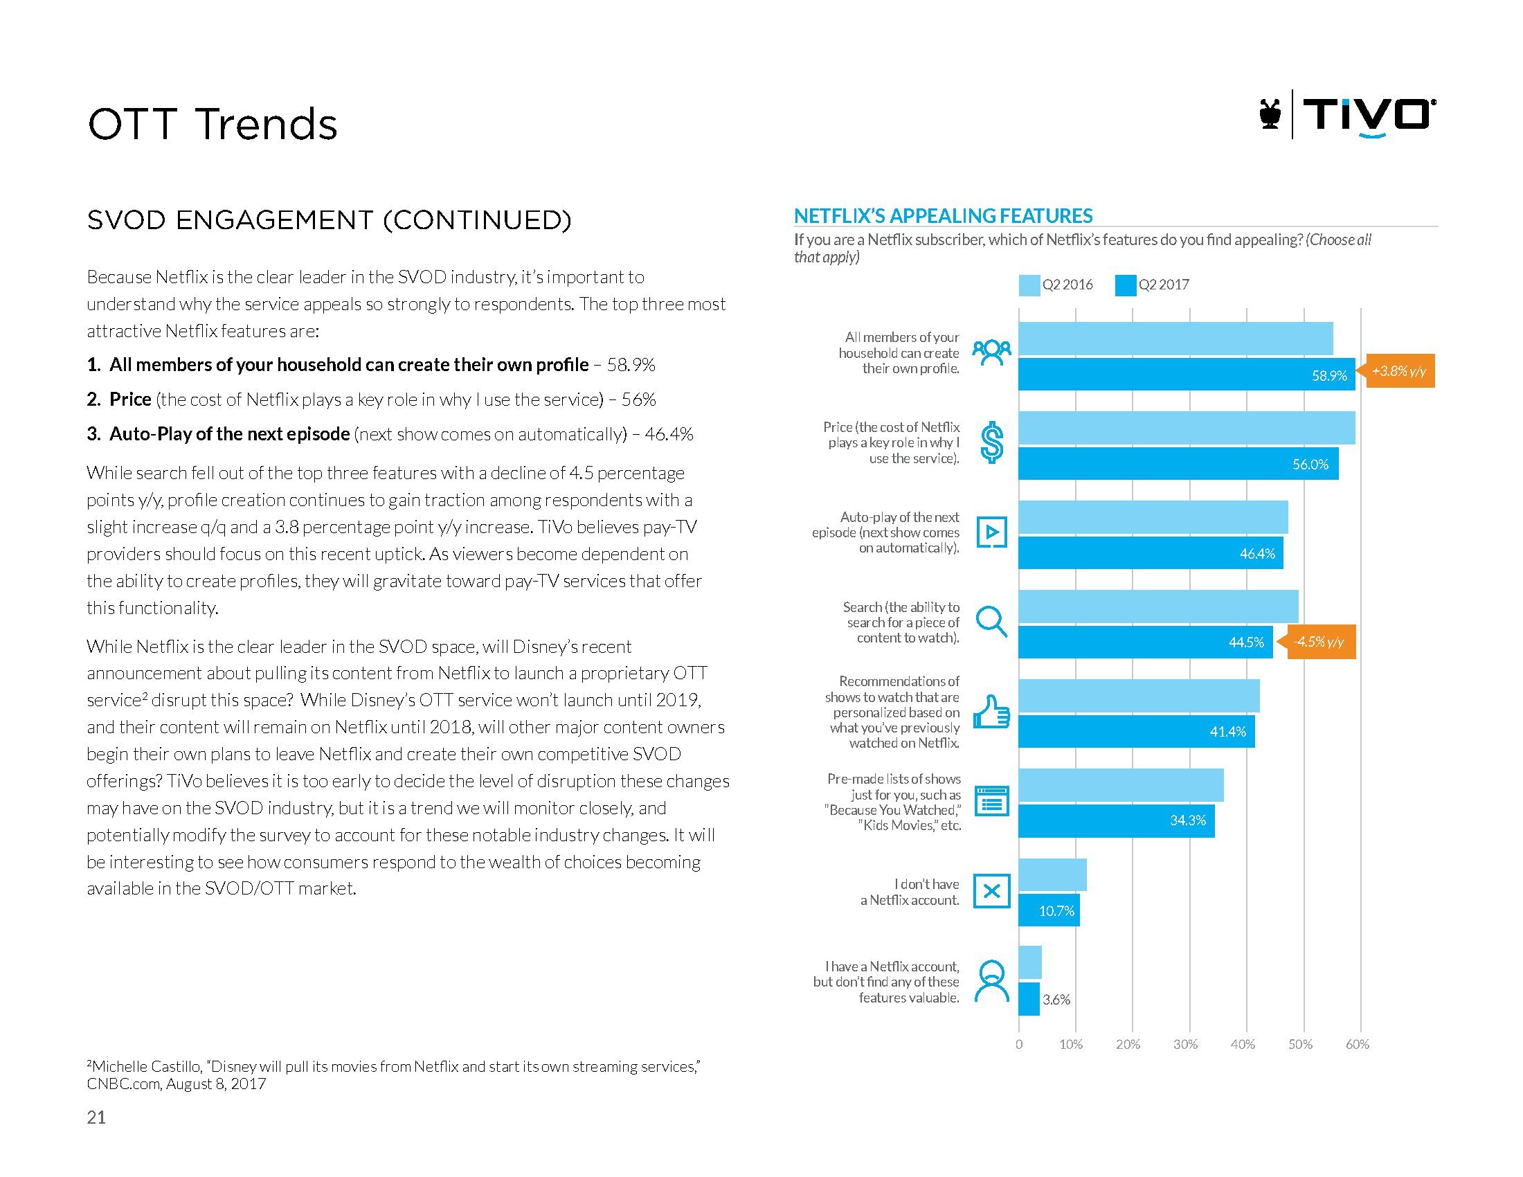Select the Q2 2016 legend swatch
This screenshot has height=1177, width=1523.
click(1029, 285)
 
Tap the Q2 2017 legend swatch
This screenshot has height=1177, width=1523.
click(1125, 285)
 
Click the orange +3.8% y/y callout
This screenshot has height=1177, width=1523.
click(1398, 372)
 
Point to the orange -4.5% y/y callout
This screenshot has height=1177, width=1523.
click(1319, 643)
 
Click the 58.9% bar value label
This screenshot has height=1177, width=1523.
click(1329, 376)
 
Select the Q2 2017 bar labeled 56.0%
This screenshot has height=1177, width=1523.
click(1178, 464)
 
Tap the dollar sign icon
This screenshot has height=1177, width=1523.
click(991, 443)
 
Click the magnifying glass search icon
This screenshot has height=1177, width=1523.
click(991, 621)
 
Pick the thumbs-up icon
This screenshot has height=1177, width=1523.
click(991, 712)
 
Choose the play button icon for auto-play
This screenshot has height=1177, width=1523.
click(991, 532)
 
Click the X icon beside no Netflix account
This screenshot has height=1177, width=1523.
click(991, 890)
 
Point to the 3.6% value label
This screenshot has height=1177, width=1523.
click(1056, 1000)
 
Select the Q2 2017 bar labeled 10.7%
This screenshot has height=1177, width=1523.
click(1049, 910)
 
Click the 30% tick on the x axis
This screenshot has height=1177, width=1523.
click(1185, 1045)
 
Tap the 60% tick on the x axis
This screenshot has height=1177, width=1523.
click(1358, 1045)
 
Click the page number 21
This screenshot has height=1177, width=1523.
click(96, 1117)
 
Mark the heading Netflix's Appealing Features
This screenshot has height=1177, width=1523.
click(944, 215)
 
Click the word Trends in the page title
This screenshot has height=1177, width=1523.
click(266, 125)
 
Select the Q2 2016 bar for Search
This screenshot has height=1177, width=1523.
click(1157, 607)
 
